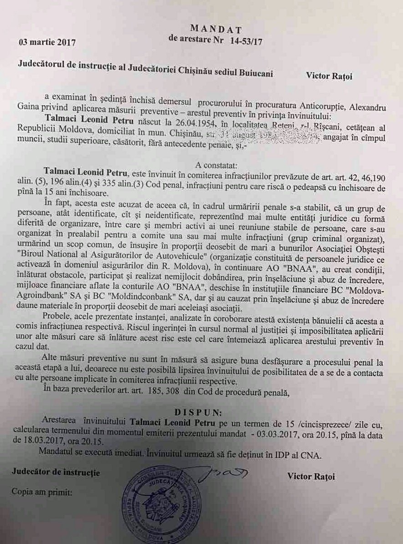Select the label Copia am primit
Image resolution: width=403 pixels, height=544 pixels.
click(x=41, y=492)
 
